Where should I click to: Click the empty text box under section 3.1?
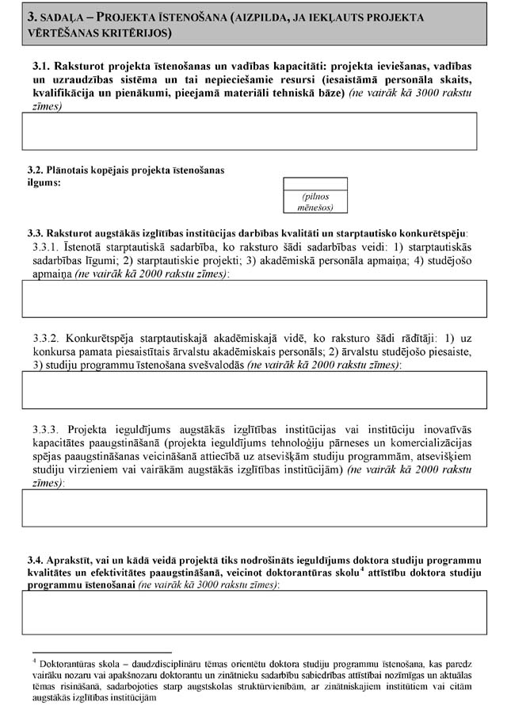tap(249, 131)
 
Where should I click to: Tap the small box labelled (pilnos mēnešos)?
tap(315, 195)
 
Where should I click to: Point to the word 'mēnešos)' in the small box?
tap(315, 208)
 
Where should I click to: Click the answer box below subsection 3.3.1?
tap(254, 298)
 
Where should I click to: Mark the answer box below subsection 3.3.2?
tap(254, 389)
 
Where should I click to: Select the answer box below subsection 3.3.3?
tap(254, 508)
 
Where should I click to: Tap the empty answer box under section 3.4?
tap(254, 612)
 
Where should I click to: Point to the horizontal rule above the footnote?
tap(95, 649)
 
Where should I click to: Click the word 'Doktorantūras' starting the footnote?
tap(68, 663)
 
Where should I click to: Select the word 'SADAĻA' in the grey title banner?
tap(63, 17)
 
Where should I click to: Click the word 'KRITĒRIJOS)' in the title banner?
tap(132, 34)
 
